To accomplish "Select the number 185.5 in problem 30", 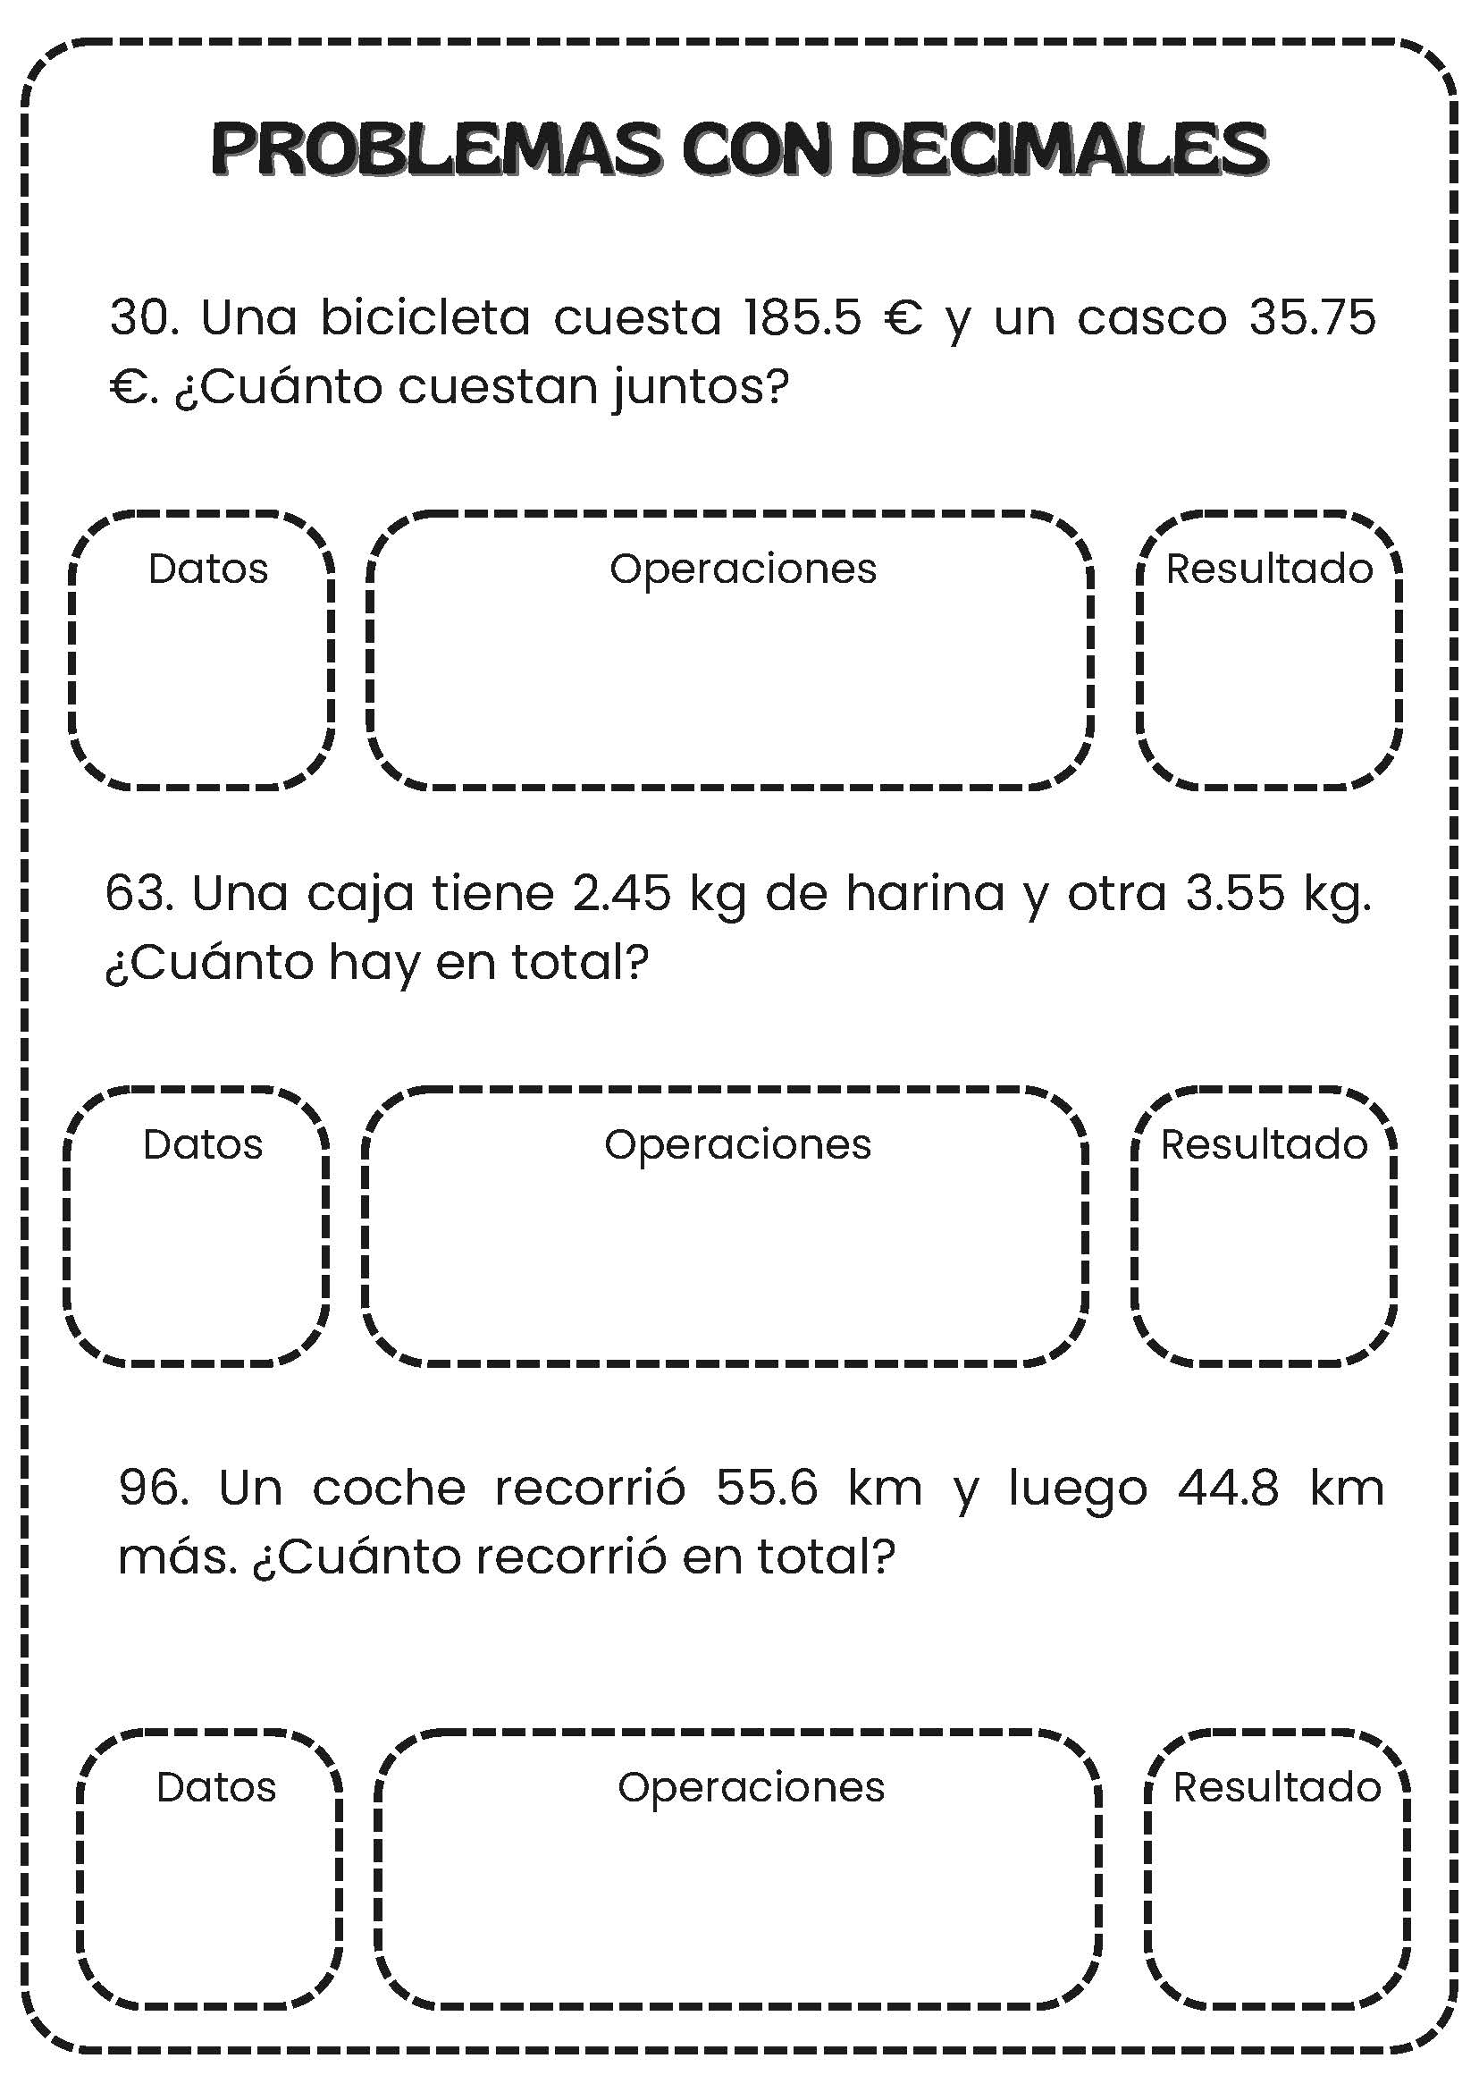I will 802,318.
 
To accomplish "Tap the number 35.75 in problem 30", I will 1313,318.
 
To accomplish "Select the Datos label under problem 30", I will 208,569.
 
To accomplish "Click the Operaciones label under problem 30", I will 744,569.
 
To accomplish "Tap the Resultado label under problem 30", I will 1270,569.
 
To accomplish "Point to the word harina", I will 924,894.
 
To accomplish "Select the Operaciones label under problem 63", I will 737,1145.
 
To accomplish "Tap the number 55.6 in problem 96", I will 767,1488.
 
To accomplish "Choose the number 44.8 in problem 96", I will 1229,1488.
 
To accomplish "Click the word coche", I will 389,1488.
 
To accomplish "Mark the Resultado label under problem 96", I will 1277,1788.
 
